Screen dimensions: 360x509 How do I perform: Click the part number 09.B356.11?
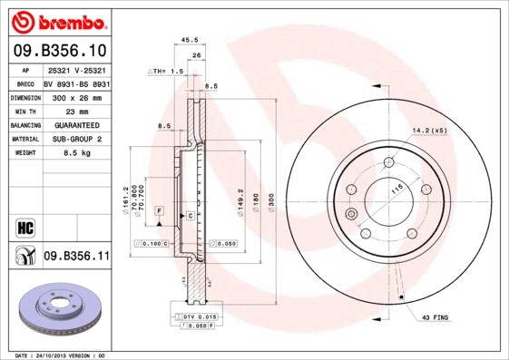76,257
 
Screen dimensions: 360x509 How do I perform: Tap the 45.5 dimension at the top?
190,40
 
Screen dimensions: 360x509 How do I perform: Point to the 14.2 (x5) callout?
430,130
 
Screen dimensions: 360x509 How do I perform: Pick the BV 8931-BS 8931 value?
76,82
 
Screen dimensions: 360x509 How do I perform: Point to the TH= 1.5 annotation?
167,70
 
